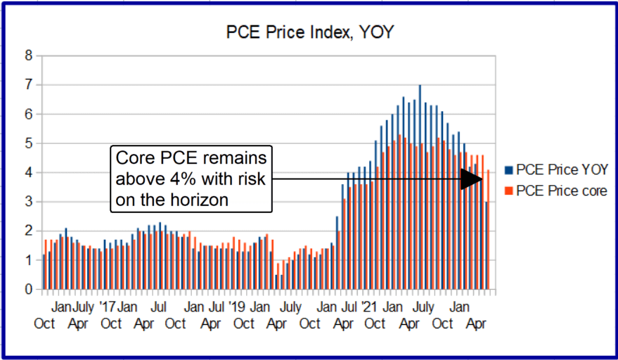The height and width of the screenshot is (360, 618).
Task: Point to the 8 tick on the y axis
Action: pyautogui.click(x=29, y=56)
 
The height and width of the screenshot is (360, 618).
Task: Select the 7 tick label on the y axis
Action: pyautogui.click(x=29, y=85)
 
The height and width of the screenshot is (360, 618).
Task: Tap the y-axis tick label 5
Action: pyautogui.click(x=29, y=143)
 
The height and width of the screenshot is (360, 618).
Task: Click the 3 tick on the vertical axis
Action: pyautogui.click(x=29, y=202)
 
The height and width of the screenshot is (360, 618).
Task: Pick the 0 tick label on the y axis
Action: pyautogui.click(x=29, y=289)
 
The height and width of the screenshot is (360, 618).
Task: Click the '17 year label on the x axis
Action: pyautogui.click(x=107, y=307)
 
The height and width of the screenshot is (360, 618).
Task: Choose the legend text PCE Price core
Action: pyautogui.click(x=561, y=191)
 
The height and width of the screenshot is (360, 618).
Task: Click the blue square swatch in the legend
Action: pyautogui.click(x=509, y=169)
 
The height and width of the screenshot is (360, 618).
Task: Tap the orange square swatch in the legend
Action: pyautogui.click(x=509, y=191)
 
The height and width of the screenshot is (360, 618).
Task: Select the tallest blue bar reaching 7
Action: pyautogui.click(x=420, y=186)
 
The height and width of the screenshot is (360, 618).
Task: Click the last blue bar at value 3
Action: pyautogui.click(x=485, y=245)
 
